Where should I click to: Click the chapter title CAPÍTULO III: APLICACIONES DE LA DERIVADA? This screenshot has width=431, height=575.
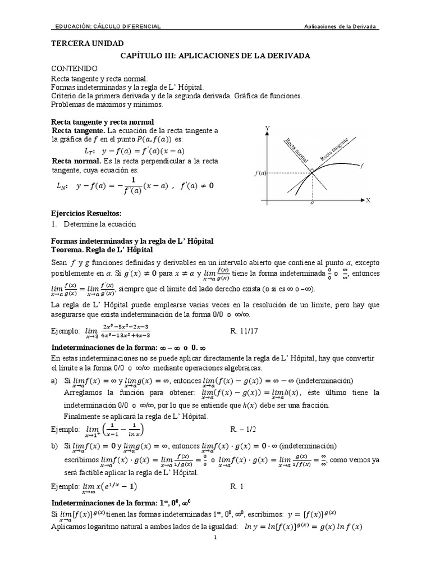215,56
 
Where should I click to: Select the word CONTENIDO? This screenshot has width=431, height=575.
75,69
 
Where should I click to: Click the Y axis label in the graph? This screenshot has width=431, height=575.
267,129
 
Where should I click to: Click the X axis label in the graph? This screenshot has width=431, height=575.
368,200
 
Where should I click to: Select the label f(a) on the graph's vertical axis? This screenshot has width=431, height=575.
260,173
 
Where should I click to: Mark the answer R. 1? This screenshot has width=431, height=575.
237,486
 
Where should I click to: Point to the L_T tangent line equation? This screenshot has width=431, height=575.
134,151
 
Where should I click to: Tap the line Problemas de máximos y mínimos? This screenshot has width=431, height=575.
107,104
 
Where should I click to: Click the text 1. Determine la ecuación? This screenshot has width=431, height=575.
94,223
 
